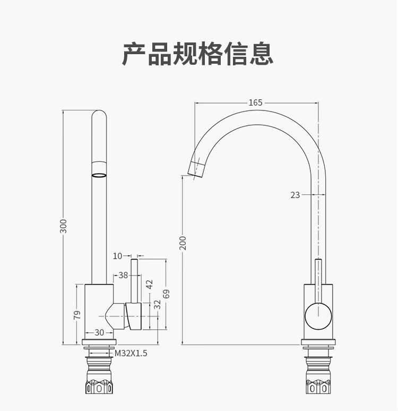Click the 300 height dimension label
click(63, 226)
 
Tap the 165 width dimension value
click(255, 102)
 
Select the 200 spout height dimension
click(183, 243)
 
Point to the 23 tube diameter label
click(295, 195)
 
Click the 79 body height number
click(77, 315)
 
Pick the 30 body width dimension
click(99, 332)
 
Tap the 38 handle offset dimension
click(123, 275)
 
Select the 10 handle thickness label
click(118, 256)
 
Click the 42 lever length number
click(149, 284)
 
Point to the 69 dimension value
click(166, 294)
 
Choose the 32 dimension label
click(157, 305)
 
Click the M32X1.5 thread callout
click(131, 353)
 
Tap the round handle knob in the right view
click(318, 316)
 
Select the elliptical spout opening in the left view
click(99, 175)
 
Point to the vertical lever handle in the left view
click(134, 281)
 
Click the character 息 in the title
click(261, 54)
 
